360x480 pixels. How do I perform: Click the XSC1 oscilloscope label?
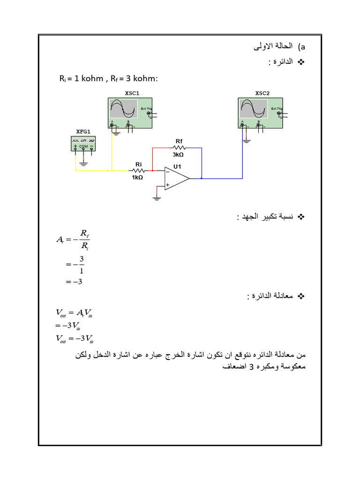tap(132, 93)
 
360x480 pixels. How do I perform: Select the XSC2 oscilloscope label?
tap(262, 93)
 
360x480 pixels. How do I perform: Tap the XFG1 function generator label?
tap(83, 131)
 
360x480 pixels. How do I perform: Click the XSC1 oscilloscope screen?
tap(124, 110)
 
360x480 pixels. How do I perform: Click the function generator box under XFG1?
tap(83, 143)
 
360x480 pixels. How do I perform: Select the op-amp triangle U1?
tap(175, 179)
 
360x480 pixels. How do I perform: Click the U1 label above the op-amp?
tap(177, 167)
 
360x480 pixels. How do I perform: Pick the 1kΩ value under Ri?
tap(137, 178)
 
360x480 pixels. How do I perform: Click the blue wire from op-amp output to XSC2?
tap(223, 179)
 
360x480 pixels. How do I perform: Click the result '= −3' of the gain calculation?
tap(74, 281)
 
